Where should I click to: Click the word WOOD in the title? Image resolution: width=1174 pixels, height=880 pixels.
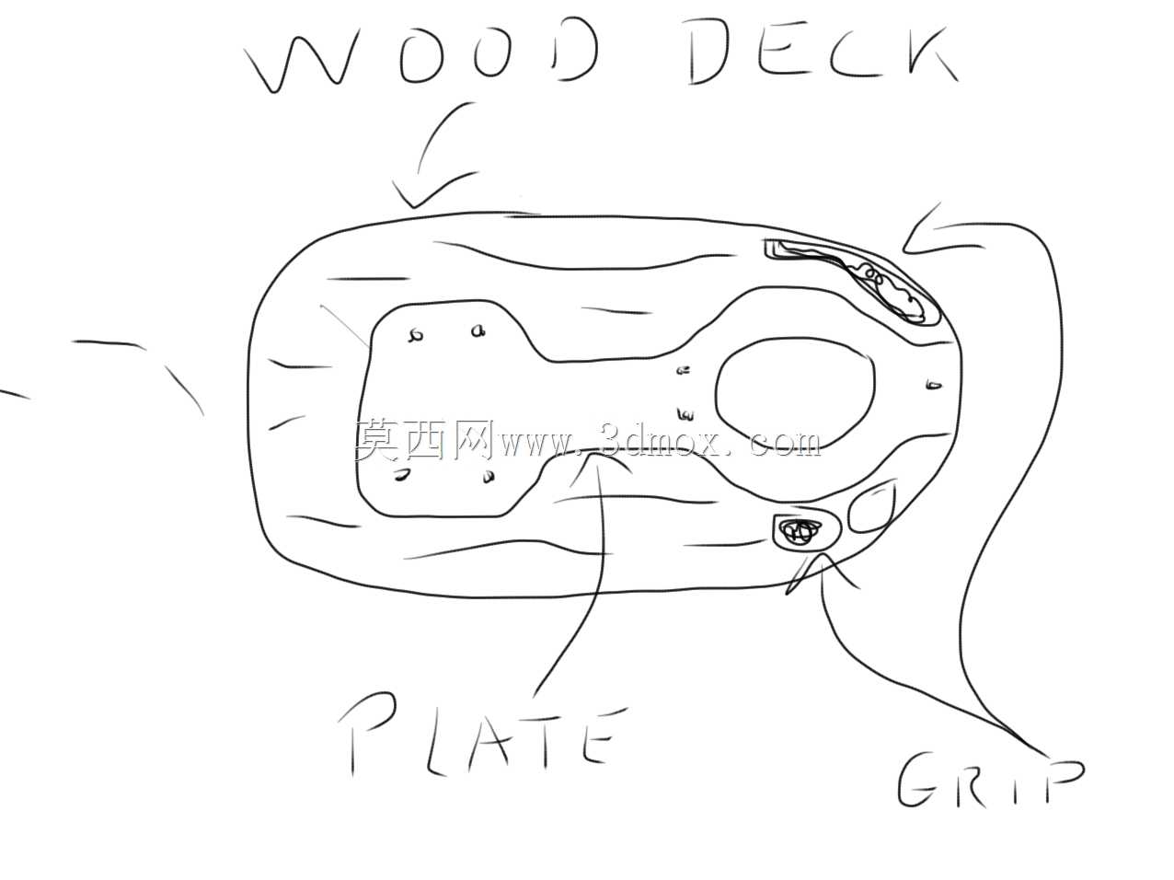[x=420, y=53]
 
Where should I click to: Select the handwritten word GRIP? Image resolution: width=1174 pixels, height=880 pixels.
[x=989, y=781]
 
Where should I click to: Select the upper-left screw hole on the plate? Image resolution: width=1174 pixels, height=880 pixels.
[x=415, y=336]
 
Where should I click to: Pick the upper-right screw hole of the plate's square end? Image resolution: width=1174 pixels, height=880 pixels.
[x=478, y=331]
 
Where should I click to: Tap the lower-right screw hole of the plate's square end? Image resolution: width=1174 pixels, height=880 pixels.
[x=489, y=476]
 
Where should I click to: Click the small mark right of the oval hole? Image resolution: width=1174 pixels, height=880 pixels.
[x=933, y=385]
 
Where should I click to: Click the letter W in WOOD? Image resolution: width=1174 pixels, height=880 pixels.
[x=300, y=59]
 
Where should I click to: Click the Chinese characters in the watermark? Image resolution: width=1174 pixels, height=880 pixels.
[x=423, y=440]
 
